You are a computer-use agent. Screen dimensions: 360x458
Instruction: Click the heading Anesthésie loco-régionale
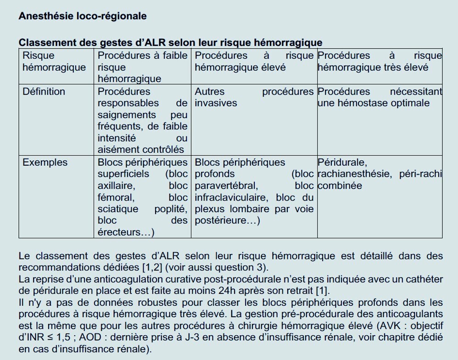point(83,16)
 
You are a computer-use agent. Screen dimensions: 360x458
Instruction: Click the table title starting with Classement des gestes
point(170,43)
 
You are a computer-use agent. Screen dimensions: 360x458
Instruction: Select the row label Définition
point(44,91)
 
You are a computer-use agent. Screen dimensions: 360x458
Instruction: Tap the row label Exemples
point(45,163)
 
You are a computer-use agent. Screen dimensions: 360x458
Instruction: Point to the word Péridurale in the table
point(342,163)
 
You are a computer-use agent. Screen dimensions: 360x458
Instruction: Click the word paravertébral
point(226,186)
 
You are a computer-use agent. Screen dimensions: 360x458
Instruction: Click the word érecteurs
point(123,233)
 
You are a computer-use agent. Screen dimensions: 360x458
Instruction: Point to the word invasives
point(216,103)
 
